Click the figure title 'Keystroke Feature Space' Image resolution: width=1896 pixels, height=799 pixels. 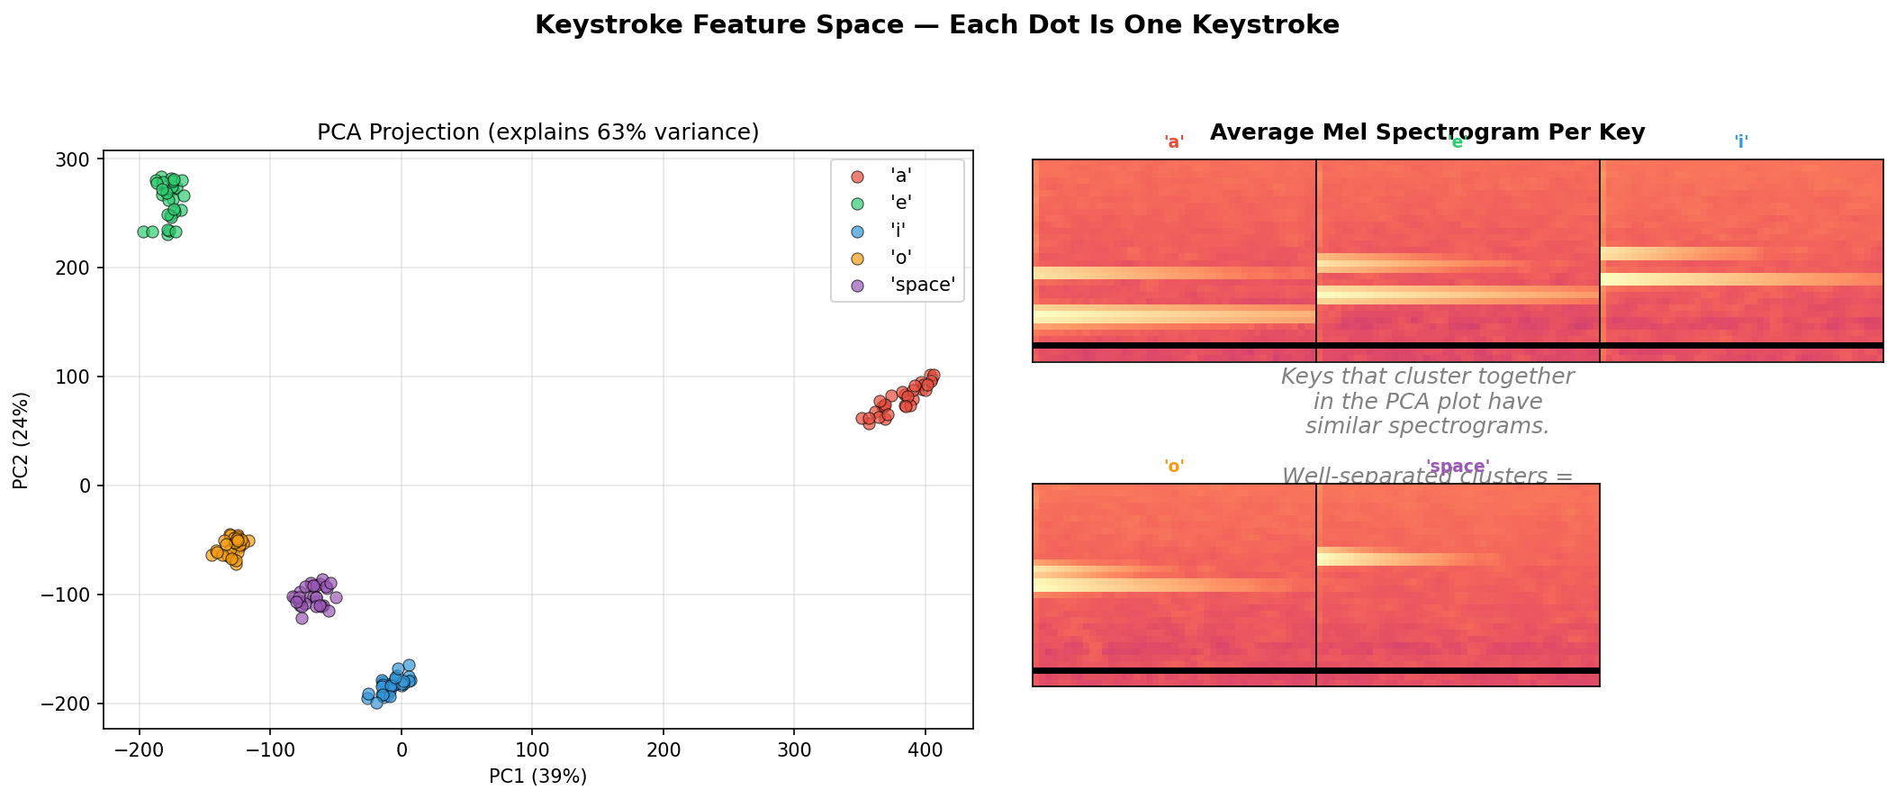[936, 25]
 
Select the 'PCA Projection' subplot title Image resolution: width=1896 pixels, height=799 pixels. [537, 132]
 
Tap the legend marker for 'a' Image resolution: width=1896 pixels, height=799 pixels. [857, 177]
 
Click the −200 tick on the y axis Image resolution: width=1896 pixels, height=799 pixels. [72, 704]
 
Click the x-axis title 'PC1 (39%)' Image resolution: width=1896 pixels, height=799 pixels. [537, 776]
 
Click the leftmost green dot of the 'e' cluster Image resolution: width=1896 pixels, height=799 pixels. [143, 232]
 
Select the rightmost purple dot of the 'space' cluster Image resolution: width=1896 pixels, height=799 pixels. [336, 597]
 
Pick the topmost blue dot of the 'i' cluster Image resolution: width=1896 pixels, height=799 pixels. [409, 665]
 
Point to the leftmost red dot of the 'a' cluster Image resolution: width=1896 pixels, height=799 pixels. [862, 418]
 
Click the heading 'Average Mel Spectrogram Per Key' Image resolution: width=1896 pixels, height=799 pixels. [1427, 132]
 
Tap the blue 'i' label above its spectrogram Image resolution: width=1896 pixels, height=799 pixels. [1741, 142]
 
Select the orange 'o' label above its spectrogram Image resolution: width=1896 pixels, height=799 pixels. [1174, 467]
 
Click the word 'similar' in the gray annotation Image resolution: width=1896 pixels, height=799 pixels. [1348, 427]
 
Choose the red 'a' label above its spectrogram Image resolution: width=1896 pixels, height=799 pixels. [1174, 142]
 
